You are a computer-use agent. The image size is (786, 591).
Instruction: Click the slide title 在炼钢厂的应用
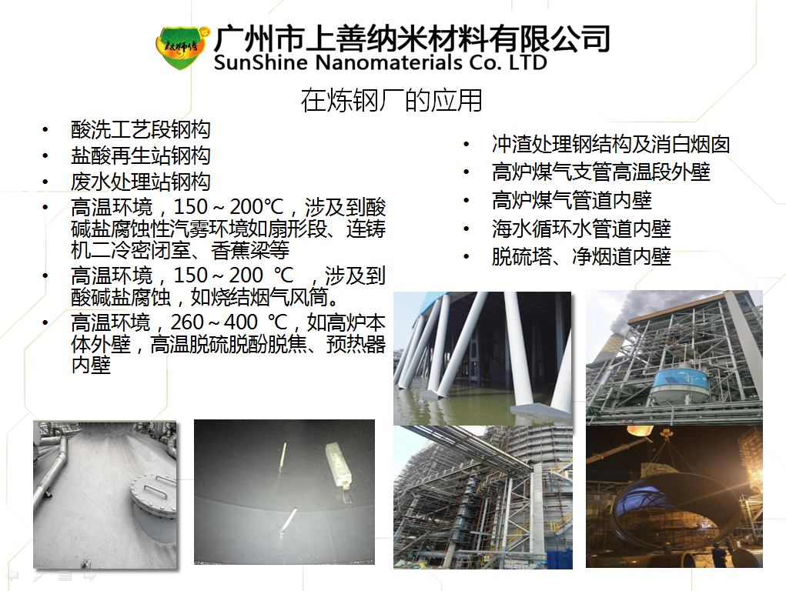[392, 100]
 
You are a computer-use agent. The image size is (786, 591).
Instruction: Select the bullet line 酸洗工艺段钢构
[140, 130]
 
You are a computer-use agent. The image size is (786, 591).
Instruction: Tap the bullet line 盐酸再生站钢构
[140, 155]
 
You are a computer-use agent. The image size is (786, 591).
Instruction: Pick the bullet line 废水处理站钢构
[140, 182]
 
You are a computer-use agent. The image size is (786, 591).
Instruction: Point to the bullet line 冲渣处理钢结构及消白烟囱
[610, 145]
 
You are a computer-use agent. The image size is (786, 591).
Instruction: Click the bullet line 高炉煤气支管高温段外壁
[601, 172]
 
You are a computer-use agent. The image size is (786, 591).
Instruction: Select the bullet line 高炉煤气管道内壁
[571, 200]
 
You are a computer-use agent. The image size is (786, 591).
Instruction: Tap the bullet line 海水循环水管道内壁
[581, 229]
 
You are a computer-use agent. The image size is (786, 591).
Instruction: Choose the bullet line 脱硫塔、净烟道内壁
[581, 257]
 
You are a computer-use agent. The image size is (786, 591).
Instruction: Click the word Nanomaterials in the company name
[389, 62]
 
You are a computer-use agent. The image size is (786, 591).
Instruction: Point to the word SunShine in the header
[261, 62]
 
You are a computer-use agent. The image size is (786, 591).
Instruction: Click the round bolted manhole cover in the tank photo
[154, 496]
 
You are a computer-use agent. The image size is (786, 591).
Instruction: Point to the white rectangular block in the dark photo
[339, 464]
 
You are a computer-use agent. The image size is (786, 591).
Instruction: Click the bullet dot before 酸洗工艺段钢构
[45, 130]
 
